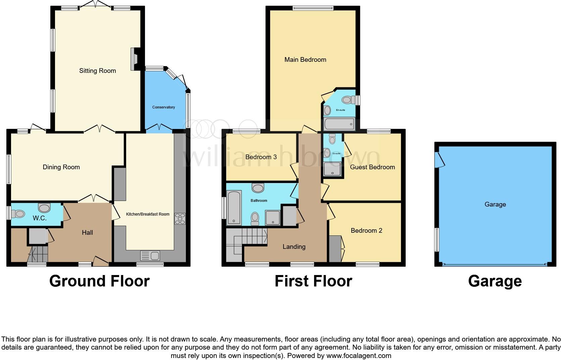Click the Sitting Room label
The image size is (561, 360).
pos(97,71)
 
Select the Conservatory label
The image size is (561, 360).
pos(163,107)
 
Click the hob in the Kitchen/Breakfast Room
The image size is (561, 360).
pos(180,219)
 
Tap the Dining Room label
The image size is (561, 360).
pos(61,167)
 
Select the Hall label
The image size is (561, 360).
pos(87,232)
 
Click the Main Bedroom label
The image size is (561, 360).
pos(305,59)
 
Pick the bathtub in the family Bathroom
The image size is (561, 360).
pos(234,208)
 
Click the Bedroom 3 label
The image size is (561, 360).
pos(261,157)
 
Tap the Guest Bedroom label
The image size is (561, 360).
pos(372,167)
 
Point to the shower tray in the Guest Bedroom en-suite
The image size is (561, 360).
pos(332,169)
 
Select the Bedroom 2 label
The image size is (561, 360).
pos(366,230)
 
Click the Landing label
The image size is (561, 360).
pos(294,246)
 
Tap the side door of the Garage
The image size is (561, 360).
pos(440,160)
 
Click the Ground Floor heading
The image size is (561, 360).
pos(99,281)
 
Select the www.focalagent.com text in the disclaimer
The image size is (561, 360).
pos(359,355)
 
